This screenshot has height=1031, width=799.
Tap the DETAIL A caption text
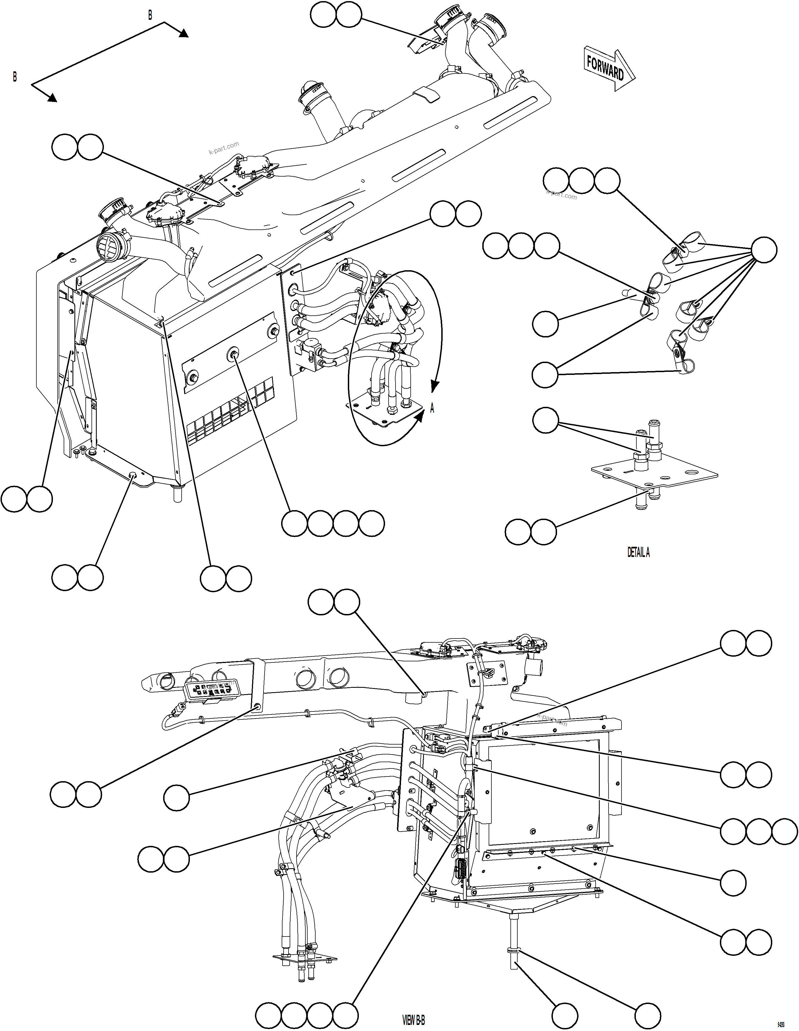click(638, 552)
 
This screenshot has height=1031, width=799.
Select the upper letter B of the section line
click(150, 16)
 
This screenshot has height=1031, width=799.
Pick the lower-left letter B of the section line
click(15, 77)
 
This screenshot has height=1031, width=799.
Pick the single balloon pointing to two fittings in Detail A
click(545, 420)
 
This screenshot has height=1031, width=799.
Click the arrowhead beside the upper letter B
click(184, 33)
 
